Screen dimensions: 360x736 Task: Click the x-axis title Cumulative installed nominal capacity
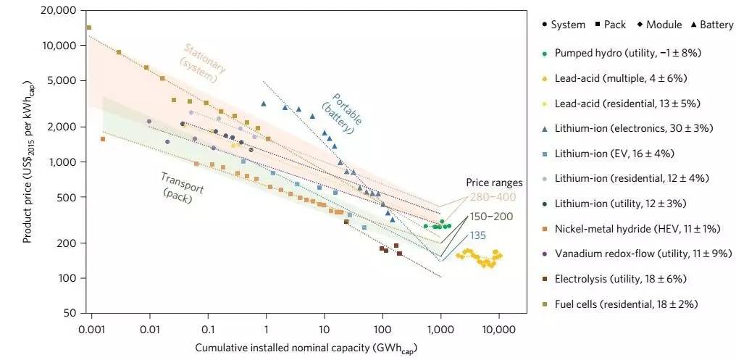point(306,348)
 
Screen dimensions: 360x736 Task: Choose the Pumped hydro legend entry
point(627,54)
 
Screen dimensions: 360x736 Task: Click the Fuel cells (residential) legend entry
point(626,304)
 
